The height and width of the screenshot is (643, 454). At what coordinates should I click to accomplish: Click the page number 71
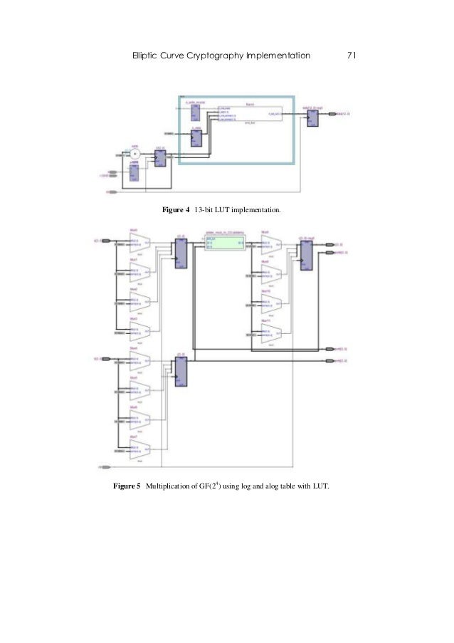coord(350,55)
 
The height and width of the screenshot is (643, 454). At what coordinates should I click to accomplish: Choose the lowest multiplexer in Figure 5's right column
coord(268,333)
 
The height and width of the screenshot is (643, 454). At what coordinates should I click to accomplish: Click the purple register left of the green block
coord(181,251)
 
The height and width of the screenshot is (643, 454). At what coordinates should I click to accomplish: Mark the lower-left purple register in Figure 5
coord(181,370)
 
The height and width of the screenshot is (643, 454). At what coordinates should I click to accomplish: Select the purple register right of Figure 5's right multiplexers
coord(307,253)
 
